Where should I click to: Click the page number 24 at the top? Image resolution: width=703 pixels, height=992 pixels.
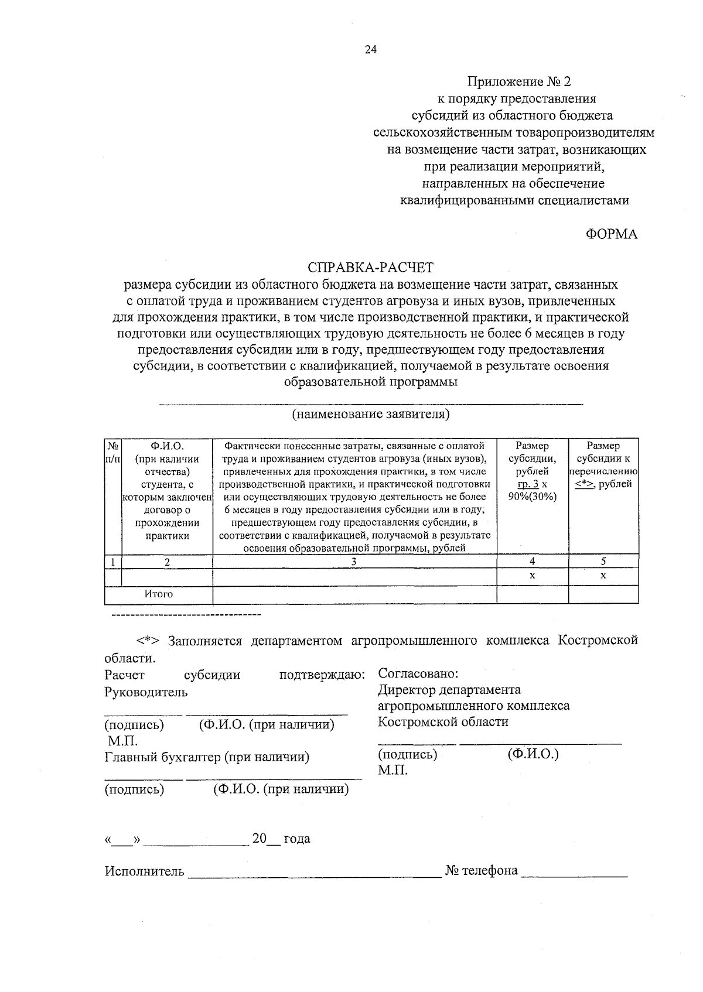click(x=370, y=50)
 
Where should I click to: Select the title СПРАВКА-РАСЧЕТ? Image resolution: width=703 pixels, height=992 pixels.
click(x=371, y=268)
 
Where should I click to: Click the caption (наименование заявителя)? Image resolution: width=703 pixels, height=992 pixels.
click(x=371, y=415)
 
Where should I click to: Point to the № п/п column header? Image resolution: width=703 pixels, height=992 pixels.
click(x=112, y=453)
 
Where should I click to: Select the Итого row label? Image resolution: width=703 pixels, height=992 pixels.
click(x=159, y=594)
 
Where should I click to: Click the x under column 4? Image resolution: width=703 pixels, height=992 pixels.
click(x=532, y=576)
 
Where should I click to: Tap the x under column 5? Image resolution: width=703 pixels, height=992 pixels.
click(x=603, y=576)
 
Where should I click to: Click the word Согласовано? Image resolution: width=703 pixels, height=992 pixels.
click(x=418, y=674)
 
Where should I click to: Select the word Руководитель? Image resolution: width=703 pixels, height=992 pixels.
click(x=146, y=692)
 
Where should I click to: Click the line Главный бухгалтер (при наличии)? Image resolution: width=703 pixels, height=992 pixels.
click(x=207, y=757)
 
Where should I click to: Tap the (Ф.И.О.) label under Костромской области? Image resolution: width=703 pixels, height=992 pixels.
click(x=533, y=754)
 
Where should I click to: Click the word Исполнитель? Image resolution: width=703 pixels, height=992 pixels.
click(x=144, y=871)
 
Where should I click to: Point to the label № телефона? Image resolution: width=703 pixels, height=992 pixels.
click(x=482, y=871)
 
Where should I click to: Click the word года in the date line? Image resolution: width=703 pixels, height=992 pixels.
click(x=297, y=839)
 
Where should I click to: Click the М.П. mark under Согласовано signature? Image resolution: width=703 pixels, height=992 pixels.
click(x=393, y=770)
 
